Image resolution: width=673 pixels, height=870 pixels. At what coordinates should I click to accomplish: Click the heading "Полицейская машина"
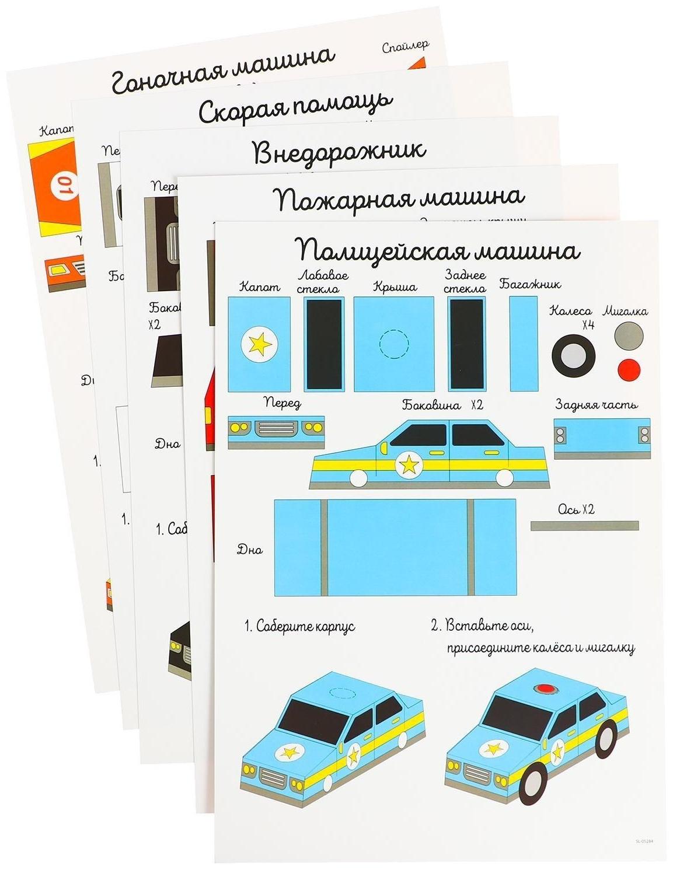439,250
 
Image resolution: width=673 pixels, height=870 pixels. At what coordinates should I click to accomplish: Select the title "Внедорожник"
340,152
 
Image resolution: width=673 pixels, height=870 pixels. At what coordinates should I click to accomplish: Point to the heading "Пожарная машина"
399,198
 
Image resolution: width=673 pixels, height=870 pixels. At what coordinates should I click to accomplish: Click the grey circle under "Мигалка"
628,336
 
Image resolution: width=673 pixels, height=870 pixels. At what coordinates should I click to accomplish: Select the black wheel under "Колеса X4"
574,355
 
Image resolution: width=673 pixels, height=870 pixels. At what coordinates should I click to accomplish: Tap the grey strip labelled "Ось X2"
584,526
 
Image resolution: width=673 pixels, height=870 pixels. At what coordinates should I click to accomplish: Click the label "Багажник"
530,284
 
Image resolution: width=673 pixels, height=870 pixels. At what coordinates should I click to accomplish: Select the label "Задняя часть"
596,404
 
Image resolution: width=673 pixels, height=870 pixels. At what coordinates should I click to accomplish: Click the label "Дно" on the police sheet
249,549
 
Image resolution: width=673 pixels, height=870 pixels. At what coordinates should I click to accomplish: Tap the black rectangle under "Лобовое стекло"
324,344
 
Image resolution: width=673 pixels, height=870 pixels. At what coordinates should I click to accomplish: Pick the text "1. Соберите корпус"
299,627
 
